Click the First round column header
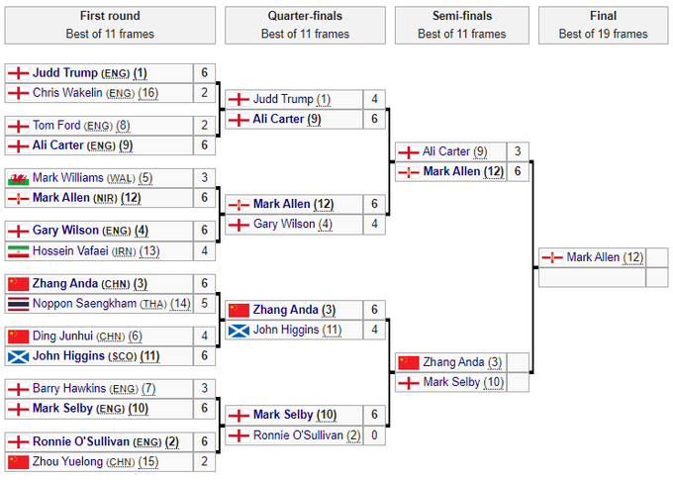(x=109, y=16)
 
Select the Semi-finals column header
(x=462, y=16)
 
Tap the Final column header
(x=603, y=16)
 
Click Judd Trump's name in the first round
(x=64, y=73)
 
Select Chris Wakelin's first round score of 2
(x=205, y=93)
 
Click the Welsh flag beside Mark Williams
(x=18, y=178)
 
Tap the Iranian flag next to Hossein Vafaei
(x=18, y=250)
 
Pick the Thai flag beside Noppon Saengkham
(x=18, y=303)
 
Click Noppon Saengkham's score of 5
(x=205, y=303)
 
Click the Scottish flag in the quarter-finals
(x=238, y=330)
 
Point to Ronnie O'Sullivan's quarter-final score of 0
(x=374, y=434)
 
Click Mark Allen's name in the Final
(x=594, y=257)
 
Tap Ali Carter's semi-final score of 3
(x=519, y=151)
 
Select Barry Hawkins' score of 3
(x=205, y=388)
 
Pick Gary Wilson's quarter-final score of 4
(x=374, y=224)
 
